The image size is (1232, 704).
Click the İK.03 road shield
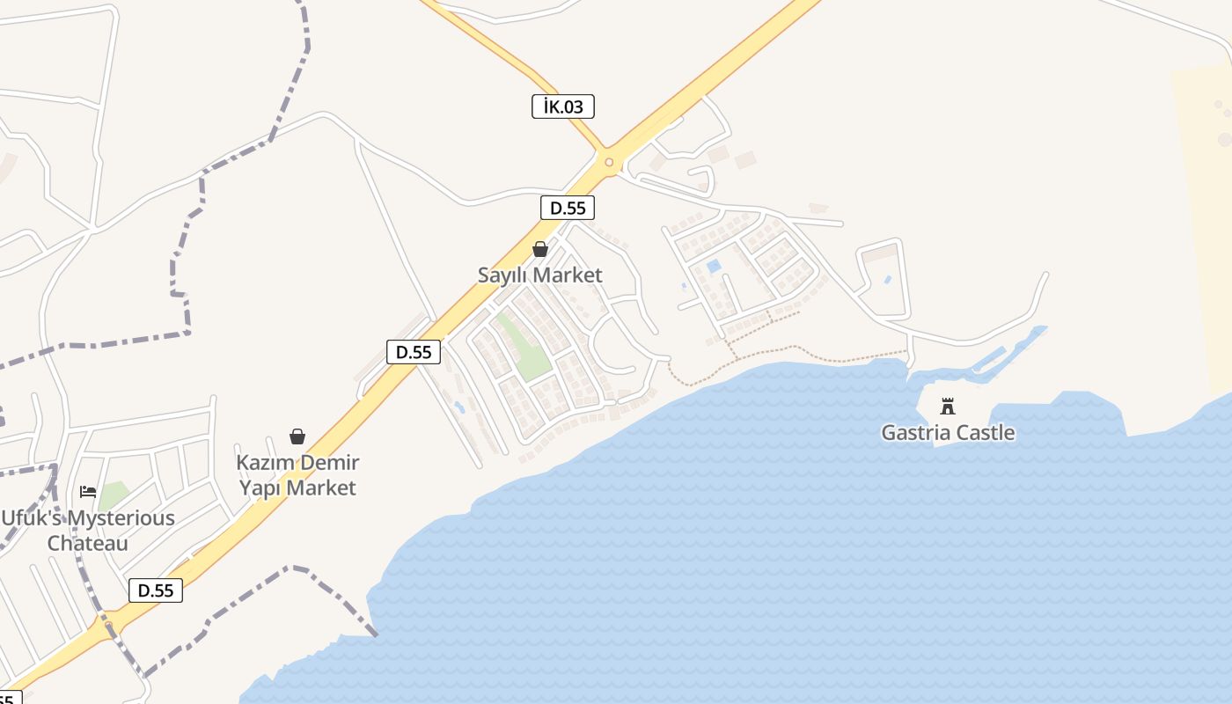pyautogui.click(x=563, y=107)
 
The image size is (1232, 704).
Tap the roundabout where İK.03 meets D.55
pyautogui.click(x=608, y=162)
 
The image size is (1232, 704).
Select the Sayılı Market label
pyautogui.click(x=539, y=275)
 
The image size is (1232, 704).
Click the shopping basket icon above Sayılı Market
pyautogui.click(x=540, y=249)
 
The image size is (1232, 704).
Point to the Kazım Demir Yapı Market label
pyautogui.click(x=297, y=475)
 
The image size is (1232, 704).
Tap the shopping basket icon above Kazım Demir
pyautogui.click(x=297, y=436)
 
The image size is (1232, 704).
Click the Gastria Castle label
pyautogui.click(x=948, y=433)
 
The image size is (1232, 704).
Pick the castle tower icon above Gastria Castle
pyautogui.click(x=948, y=407)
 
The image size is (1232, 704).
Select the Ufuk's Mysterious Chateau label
pyautogui.click(x=88, y=531)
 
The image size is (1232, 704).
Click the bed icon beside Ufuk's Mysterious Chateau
pyautogui.click(x=88, y=491)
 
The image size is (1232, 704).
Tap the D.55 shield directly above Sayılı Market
pyautogui.click(x=568, y=209)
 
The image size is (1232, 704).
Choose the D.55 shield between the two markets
pyautogui.click(x=414, y=352)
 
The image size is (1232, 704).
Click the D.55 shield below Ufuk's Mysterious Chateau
pyautogui.click(x=156, y=590)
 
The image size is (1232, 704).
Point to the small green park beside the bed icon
pyautogui.click(x=113, y=495)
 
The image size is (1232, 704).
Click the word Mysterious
pyautogui.click(x=121, y=518)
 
